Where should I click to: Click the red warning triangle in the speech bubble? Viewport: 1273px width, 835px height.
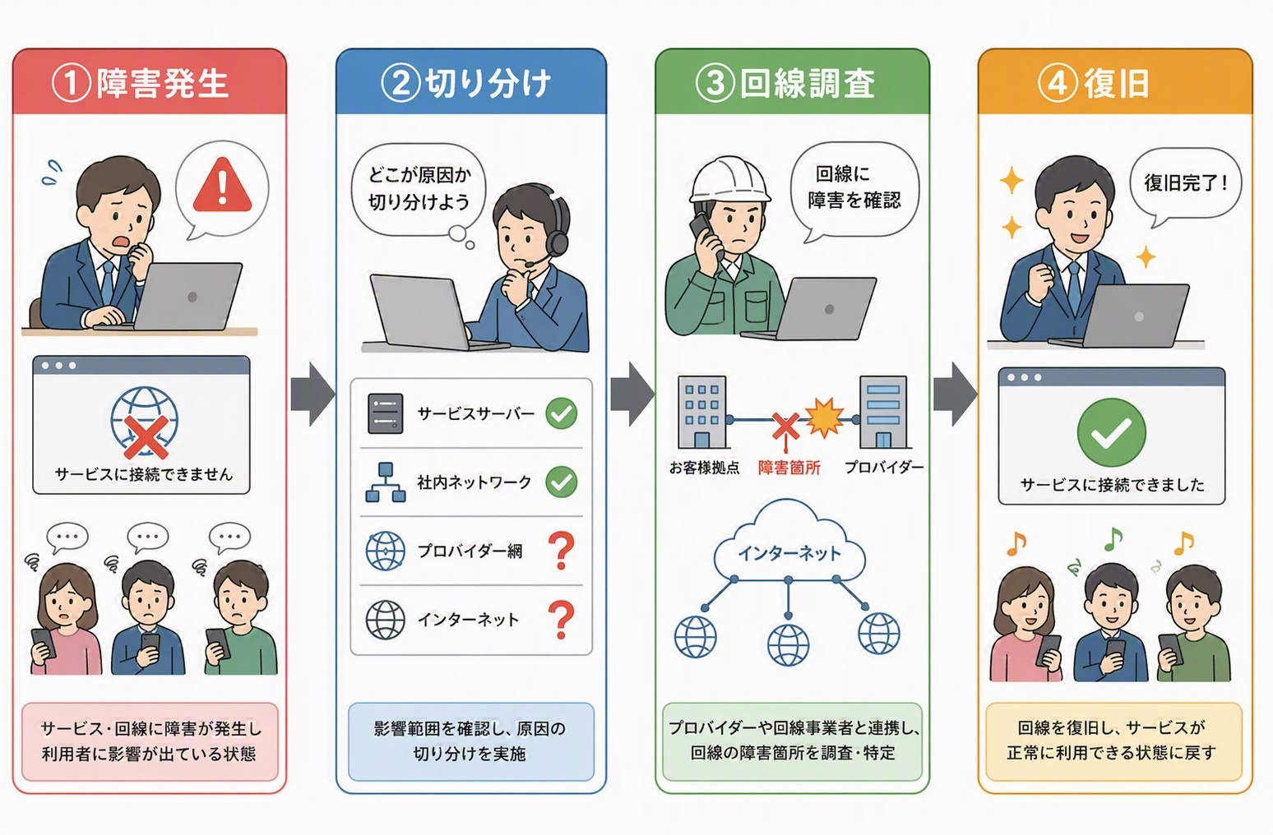[222, 185]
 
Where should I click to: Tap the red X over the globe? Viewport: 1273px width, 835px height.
[146, 436]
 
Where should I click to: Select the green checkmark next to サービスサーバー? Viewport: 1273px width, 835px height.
[562, 413]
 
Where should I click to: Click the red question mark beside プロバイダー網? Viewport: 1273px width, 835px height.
[562, 551]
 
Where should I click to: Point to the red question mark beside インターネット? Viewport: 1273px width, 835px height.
[562, 620]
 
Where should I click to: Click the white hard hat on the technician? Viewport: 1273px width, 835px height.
[729, 180]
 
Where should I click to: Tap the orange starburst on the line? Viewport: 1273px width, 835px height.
[824, 417]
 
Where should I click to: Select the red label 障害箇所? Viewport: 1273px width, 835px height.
[789, 468]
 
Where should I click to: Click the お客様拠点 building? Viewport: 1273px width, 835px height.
[701, 412]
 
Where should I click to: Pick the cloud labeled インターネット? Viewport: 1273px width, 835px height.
[789, 546]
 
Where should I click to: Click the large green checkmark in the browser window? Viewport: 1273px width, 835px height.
[1112, 433]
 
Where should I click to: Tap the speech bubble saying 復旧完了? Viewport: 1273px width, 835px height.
[1186, 186]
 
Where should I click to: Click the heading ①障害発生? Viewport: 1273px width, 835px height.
[141, 84]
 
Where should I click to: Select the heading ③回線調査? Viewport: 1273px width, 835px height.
[785, 84]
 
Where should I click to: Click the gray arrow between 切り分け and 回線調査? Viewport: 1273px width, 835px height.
[632, 394]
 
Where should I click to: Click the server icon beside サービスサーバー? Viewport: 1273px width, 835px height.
[386, 413]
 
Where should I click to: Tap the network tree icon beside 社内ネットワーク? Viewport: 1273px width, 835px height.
[386, 482]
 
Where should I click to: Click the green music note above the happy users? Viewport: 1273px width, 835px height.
[1113, 538]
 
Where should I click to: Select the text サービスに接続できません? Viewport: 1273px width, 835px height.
[144, 474]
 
